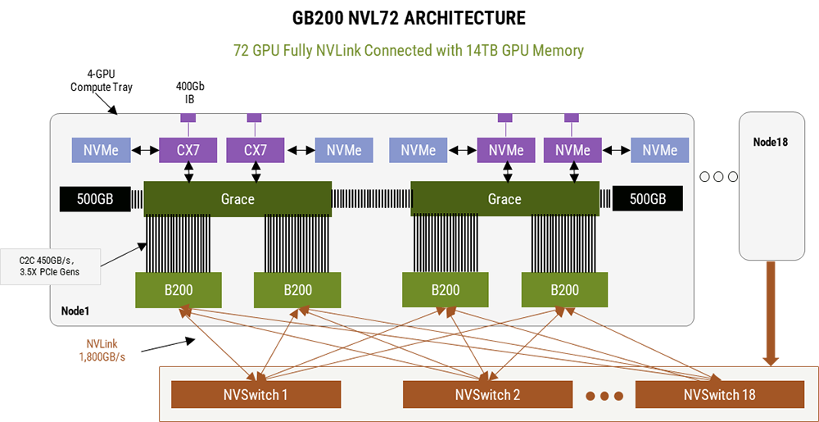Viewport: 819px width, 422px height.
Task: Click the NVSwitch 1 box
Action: coord(255,395)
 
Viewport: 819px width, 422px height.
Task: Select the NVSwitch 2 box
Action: coord(487,395)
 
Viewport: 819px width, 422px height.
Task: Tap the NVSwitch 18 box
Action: coord(719,395)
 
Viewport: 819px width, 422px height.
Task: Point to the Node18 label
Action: coord(770,142)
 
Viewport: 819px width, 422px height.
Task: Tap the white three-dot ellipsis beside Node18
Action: coord(718,176)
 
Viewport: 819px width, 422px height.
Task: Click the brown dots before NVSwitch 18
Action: coord(605,396)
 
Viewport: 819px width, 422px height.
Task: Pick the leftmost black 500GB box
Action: coord(94,199)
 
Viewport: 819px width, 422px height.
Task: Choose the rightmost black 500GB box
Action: coord(647,199)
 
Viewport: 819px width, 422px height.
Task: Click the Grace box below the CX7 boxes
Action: coord(238,199)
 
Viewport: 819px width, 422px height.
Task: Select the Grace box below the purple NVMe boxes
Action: coord(504,199)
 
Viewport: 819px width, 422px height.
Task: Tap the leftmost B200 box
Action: coord(178,290)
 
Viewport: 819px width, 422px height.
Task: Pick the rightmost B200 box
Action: coord(564,290)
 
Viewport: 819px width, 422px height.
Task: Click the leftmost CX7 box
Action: coord(189,151)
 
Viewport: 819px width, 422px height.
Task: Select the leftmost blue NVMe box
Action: coord(101,151)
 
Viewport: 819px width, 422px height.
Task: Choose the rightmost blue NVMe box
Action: coord(659,151)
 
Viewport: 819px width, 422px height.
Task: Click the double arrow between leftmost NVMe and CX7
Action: coord(145,151)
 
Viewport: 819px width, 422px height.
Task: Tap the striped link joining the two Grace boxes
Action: coord(371,199)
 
